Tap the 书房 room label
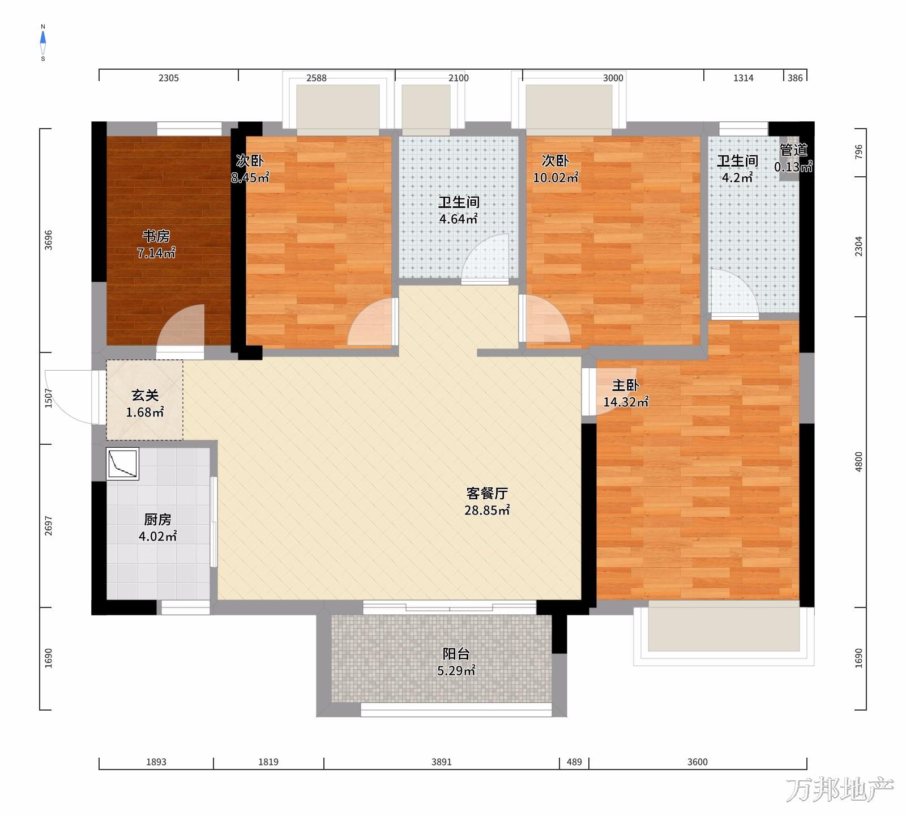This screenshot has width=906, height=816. [x=156, y=236]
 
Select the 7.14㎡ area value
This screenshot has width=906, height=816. [x=156, y=253]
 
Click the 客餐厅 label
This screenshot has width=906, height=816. [x=486, y=493]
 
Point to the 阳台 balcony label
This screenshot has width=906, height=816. [x=456, y=654]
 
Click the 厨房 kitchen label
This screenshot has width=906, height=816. [x=157, y=519]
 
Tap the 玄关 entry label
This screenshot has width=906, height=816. [x=145, y=396]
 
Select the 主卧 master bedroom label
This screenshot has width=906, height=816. [x=625, y=386]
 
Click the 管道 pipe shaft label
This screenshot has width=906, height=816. [x=793, y=151]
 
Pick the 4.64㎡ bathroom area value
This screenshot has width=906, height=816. [x=459, y=219]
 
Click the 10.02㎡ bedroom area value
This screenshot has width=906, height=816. [x=555, y=177]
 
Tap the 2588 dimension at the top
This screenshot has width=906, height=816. [x=317, y=78]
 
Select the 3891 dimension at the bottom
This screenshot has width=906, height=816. [x=442, y=762]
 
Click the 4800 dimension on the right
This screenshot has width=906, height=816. [x=859, y=462]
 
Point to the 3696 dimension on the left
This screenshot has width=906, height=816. [x=48, y=240]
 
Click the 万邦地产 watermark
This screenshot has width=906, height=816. [x=840, y=790]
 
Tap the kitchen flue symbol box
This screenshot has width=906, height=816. [x=123, y=464]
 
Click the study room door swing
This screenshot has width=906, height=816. [x=180, y=328]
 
